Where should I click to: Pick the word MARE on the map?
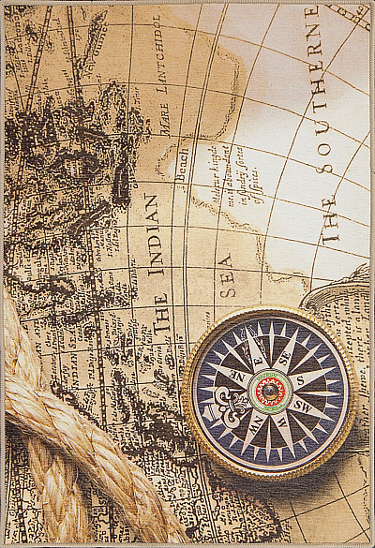165,126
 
